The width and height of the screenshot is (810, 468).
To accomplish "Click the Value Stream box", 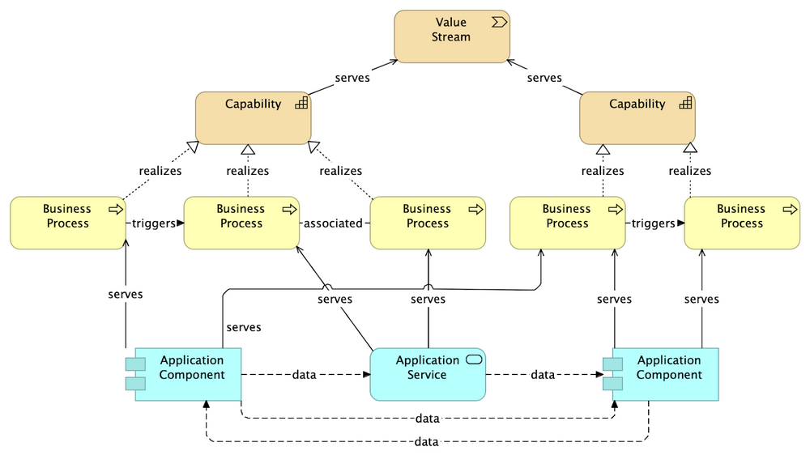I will click(451, 36).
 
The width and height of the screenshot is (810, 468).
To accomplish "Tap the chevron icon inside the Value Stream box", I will click(499, 22).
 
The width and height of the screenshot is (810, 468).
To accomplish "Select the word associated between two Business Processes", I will click(335, 223).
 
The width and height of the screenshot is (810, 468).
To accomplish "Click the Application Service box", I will click(428, 374).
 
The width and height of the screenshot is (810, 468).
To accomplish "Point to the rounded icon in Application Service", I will click(475, 360).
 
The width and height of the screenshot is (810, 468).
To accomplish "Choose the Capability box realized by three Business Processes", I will click(253, 117).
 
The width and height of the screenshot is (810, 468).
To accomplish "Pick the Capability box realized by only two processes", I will click(637, 117).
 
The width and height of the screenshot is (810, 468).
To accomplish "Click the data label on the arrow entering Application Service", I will click(304, 375).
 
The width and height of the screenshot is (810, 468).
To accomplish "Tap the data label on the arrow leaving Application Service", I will click(543, 375).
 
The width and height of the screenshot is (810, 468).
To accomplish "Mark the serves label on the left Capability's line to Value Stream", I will click(352, 79).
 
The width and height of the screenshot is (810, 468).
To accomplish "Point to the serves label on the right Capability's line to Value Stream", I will click(544, 79).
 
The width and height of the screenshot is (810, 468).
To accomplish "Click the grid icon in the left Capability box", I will click(301, 103).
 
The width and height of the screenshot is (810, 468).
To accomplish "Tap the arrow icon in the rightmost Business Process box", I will click(790, 209).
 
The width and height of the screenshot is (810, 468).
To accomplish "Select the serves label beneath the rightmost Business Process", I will click(701, 300).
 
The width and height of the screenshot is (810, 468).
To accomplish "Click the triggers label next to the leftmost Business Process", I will click(154, 223).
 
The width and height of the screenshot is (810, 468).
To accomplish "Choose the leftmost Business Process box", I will click(67, 223).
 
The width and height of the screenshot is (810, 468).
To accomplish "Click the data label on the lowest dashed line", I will click(426, 442).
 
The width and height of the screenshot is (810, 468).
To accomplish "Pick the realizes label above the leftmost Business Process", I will click(160, 171).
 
